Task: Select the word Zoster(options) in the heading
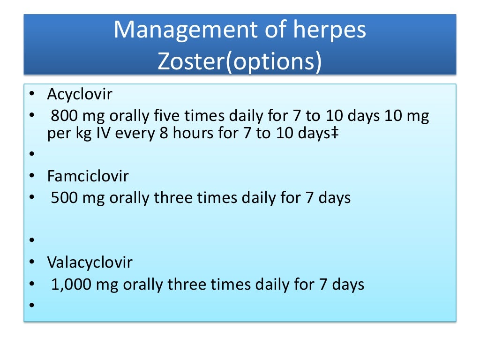click(240, 62)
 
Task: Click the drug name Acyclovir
click(80, 94)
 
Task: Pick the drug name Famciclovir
click(88, 176)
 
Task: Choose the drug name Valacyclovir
click(90, 262)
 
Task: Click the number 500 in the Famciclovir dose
click(64, 198)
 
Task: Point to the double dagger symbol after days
click(336, 134)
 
